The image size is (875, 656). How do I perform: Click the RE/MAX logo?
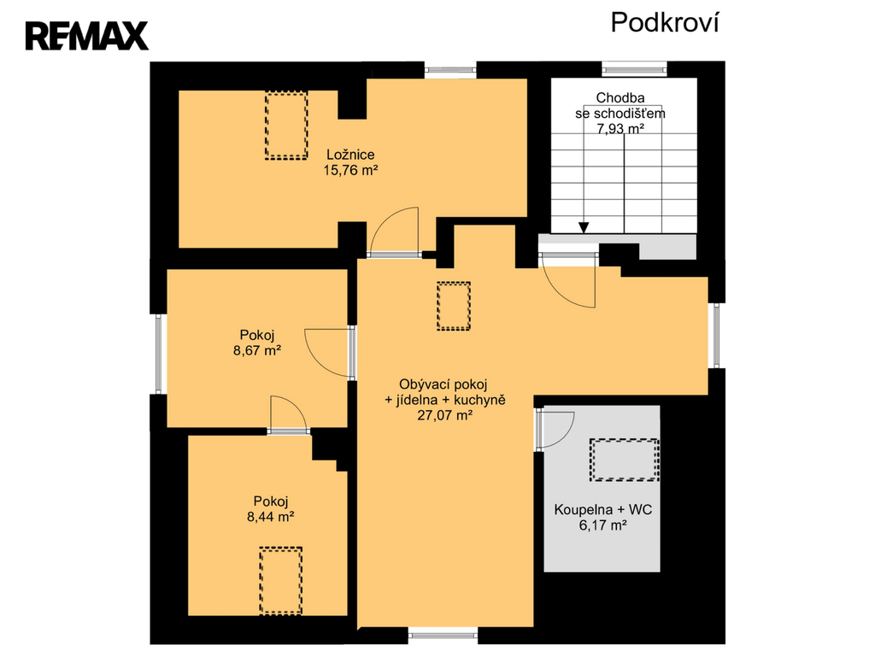click(86, 36)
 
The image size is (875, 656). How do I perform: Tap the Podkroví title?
click(665, 23)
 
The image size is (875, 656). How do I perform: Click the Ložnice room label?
click(350, 155)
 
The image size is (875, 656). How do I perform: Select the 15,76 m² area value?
click(350, 170)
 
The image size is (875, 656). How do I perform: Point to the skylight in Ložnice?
click(286, 126)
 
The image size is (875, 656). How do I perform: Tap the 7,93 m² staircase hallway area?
click(620, 129)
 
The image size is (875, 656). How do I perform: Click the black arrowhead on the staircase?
click(583, 227)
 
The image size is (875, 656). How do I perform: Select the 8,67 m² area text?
click(256, 351)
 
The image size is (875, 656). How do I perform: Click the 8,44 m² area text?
click(271, 517)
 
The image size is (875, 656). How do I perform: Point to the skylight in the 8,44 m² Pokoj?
click(280, 581)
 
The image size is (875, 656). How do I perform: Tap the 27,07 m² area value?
click(445, 416)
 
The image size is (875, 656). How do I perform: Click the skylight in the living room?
click(454, 307)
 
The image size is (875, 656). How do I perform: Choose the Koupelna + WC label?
click(603, 509)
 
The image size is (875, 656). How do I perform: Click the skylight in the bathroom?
click(625, 460)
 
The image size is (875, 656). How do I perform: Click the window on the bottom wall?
click(443, 634)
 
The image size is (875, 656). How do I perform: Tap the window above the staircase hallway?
click(635, 70)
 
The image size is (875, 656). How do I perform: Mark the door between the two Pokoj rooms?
click(289, 414)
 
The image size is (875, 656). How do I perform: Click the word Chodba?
click(620, 97)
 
